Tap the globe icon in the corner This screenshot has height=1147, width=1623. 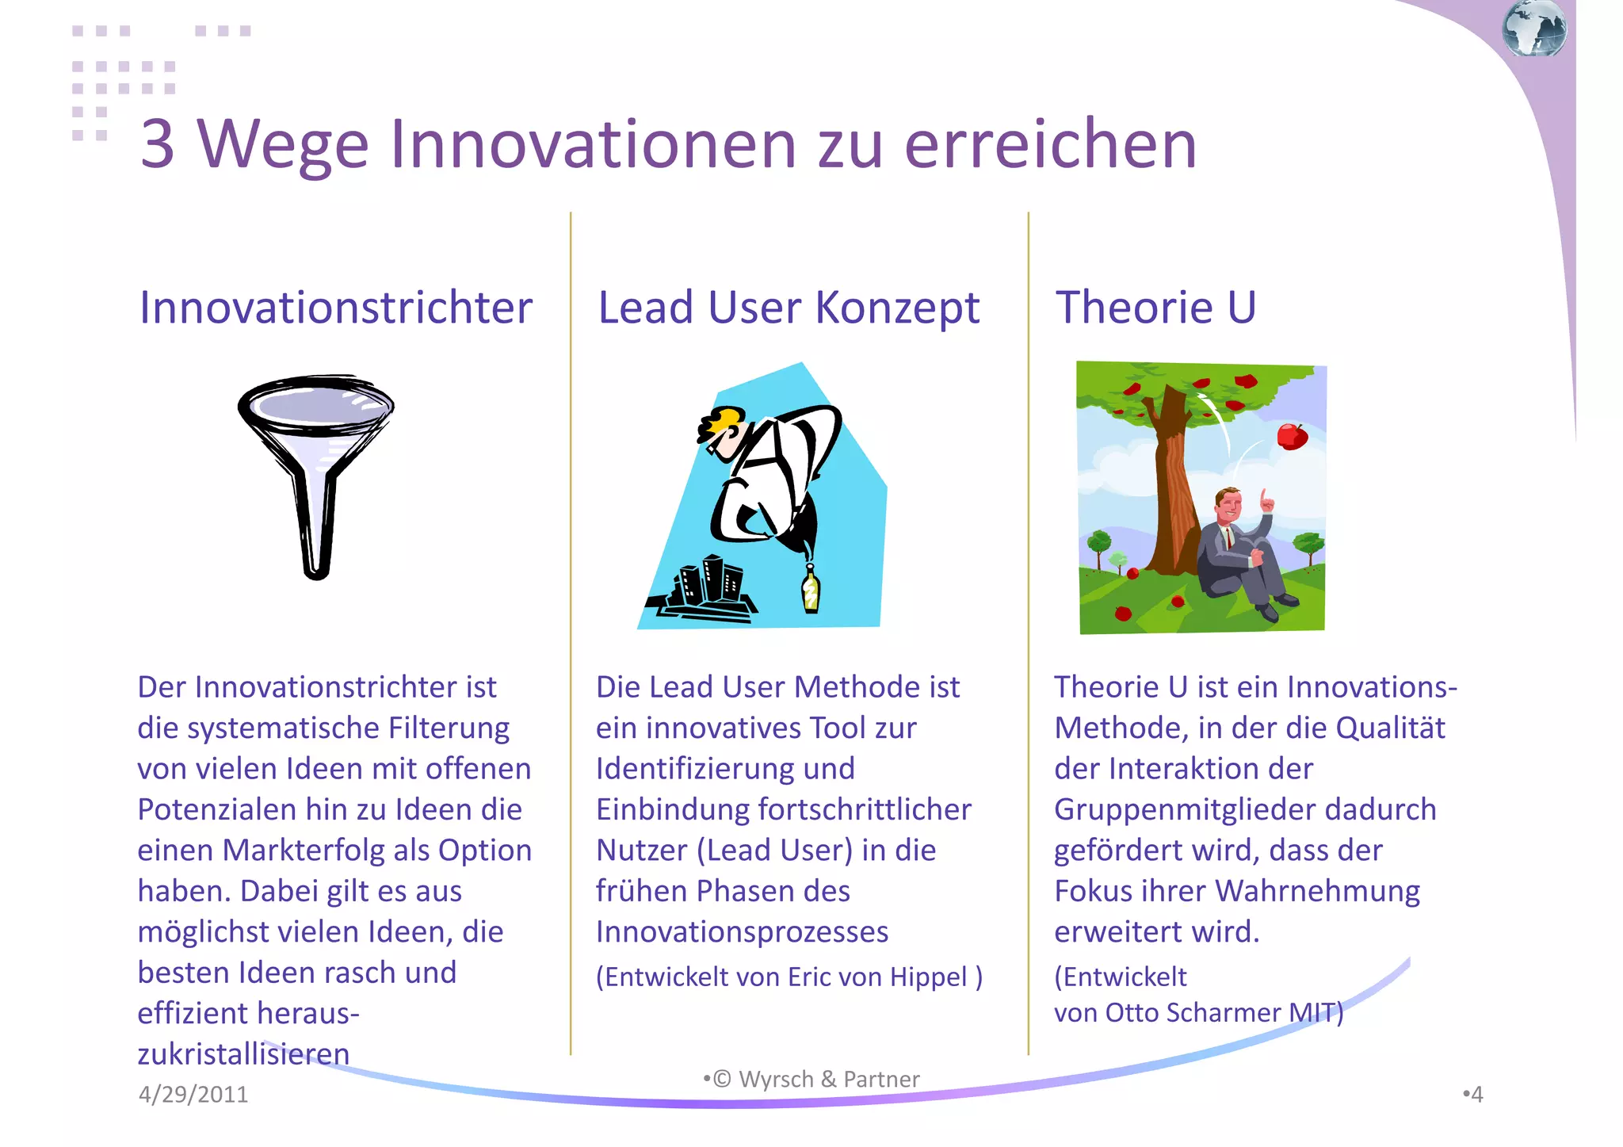coord(1533,29)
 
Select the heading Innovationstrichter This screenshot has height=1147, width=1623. coord(336,308)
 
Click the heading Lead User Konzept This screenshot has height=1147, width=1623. coord(789,308)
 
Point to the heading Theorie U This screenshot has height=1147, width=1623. coord(1155,308)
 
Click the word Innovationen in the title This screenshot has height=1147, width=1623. coord(594,144)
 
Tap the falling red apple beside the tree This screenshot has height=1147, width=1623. coord(1291,436)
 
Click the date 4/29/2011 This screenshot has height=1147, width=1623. coord(193,1095)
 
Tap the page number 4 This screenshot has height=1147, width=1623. coord(1476,1095)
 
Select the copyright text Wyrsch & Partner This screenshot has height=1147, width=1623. coord(828,1080)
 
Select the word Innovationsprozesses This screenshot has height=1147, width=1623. coord(742,932)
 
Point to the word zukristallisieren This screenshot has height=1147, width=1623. coord(243,1054)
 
